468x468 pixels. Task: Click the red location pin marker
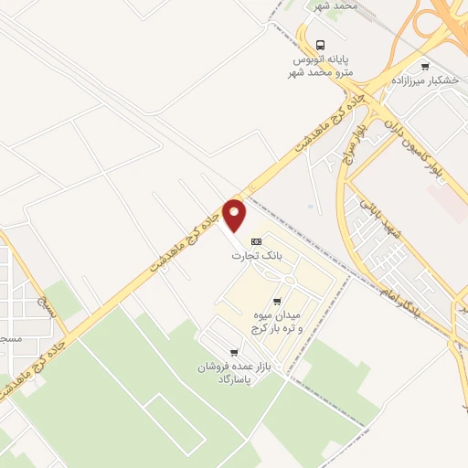tap(235, 216)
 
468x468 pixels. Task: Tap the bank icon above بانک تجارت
tap(257, 241)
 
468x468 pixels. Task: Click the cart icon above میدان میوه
tap(277, 299)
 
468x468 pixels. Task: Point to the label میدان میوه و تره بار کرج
tap(275, 321)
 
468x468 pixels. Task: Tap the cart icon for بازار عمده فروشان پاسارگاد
tap(235, 353)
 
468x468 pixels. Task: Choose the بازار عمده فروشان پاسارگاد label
tap(229, 373)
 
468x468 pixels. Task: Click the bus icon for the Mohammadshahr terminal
tap(319, 44)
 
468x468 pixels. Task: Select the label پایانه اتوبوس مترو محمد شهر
tap(330, 64)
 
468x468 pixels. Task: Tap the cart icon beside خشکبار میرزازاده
tap(424, 66)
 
